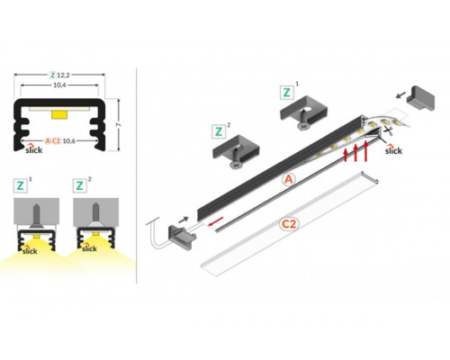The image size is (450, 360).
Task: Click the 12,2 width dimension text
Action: point(66,73)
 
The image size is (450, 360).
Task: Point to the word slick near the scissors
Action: point(393,151)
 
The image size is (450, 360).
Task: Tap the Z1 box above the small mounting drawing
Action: point(22,186)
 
